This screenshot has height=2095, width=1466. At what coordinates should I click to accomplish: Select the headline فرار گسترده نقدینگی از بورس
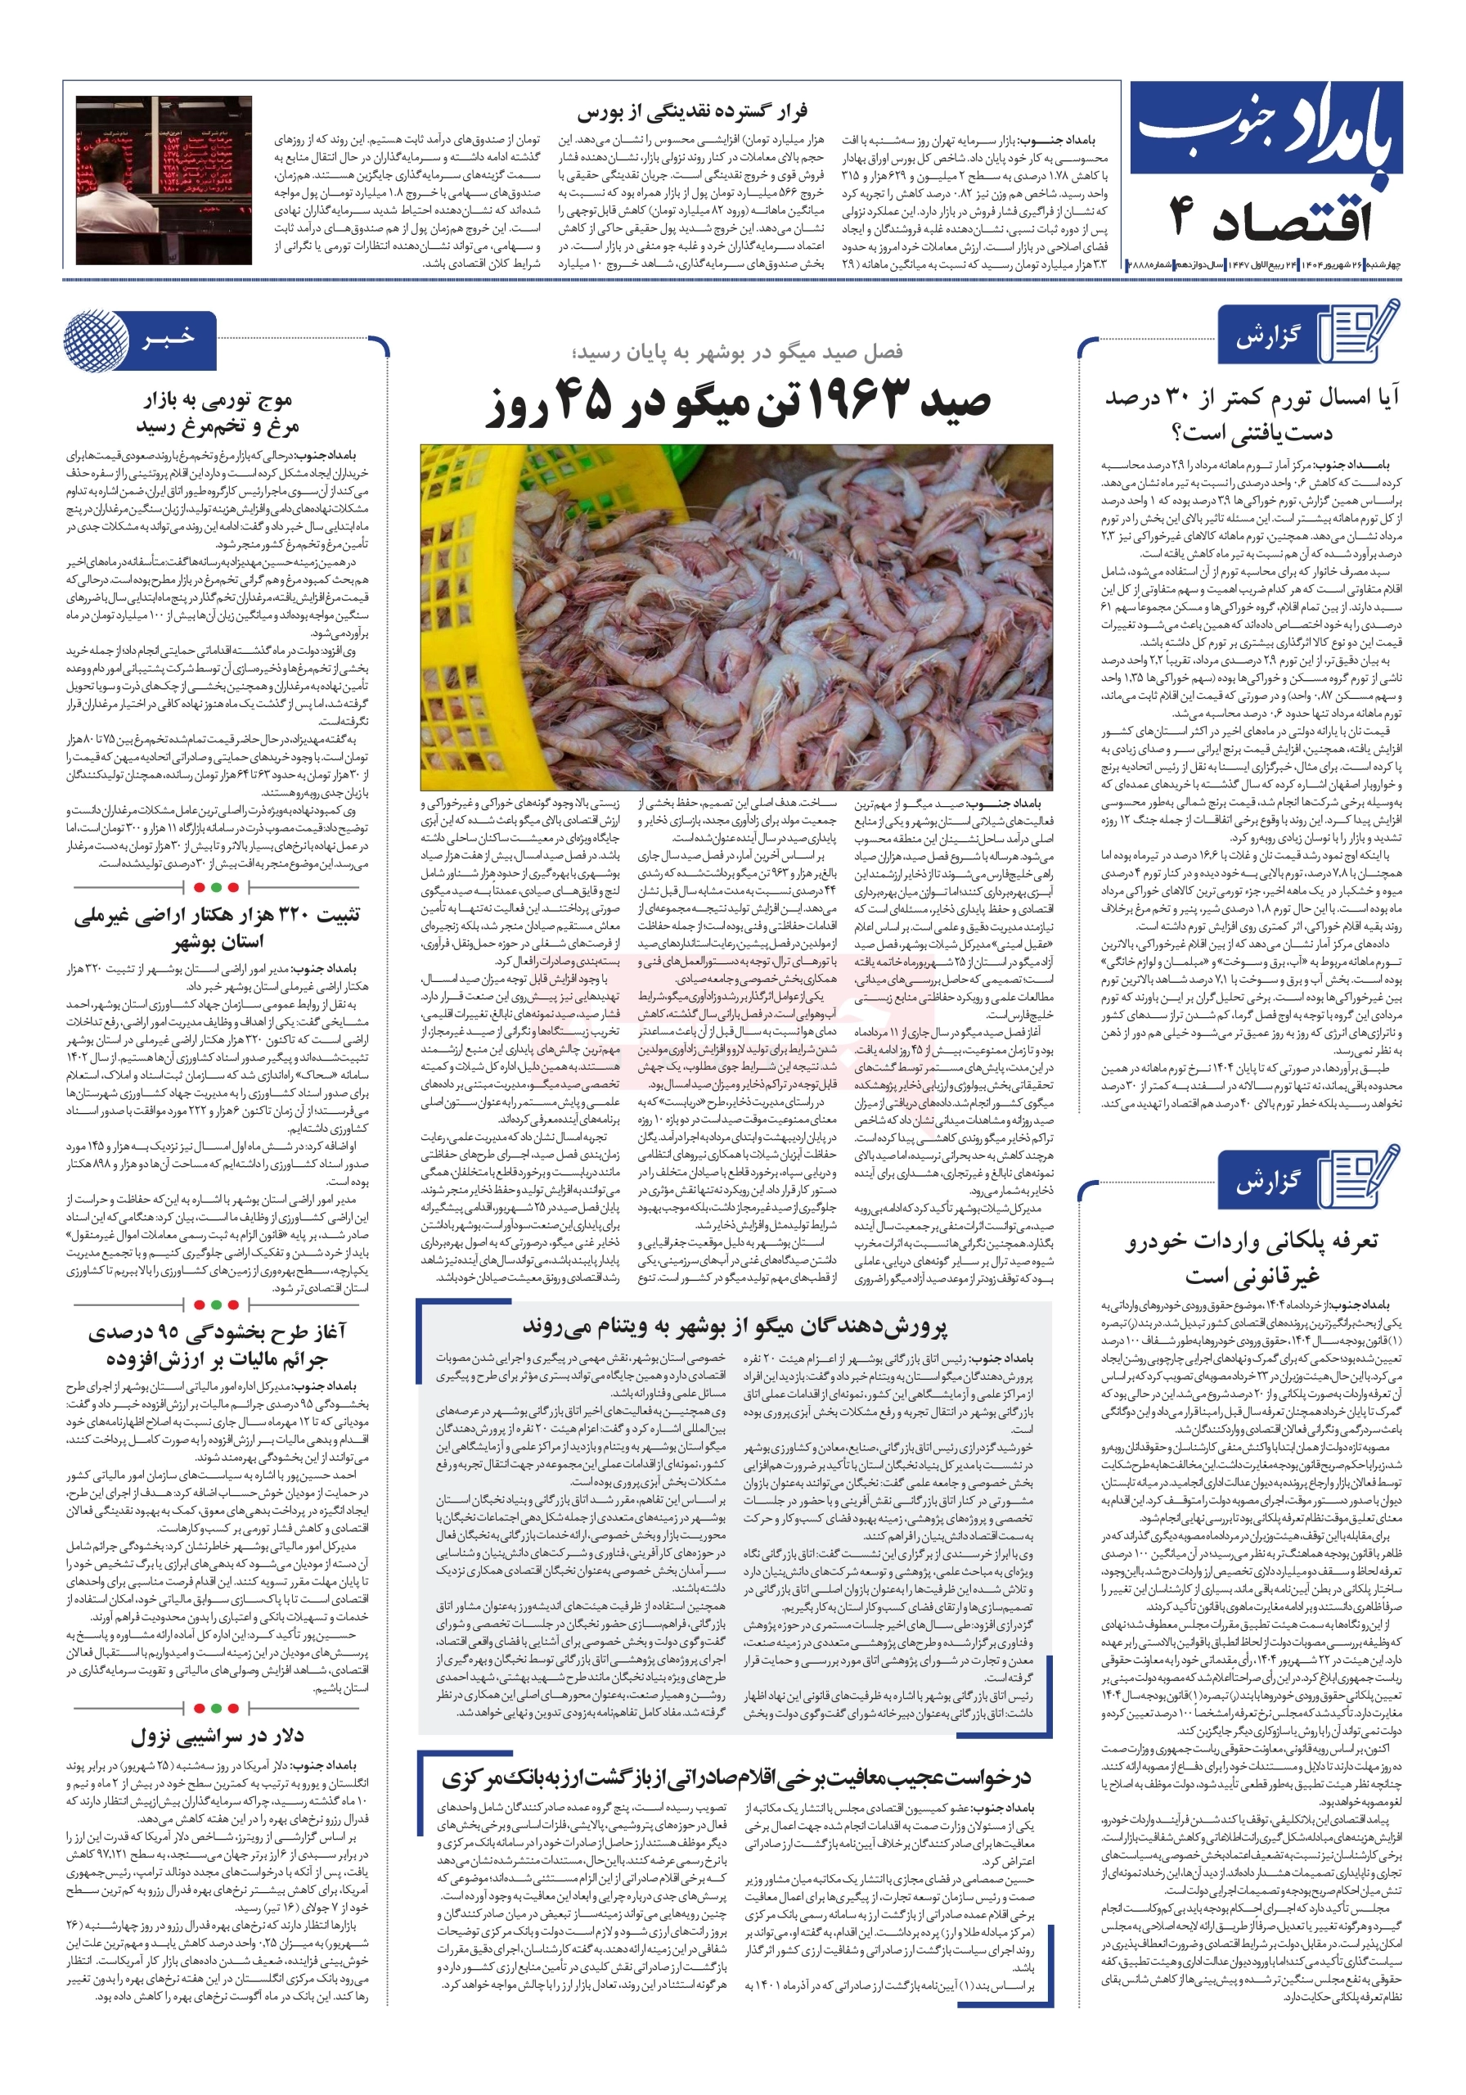(691, 112)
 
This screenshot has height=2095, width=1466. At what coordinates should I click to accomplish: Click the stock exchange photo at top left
(164, 179)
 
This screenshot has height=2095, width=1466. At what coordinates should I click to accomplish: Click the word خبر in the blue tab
(168, 339)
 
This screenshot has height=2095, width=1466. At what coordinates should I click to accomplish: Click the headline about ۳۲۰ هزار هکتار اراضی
(217, 928)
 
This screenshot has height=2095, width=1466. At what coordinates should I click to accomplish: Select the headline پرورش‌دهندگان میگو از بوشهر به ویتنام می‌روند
(735, 1326)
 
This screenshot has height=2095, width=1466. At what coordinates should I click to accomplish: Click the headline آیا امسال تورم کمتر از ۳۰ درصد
(1251, 413)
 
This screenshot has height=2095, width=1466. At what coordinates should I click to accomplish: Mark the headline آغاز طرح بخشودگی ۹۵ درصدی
(217, 1344)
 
